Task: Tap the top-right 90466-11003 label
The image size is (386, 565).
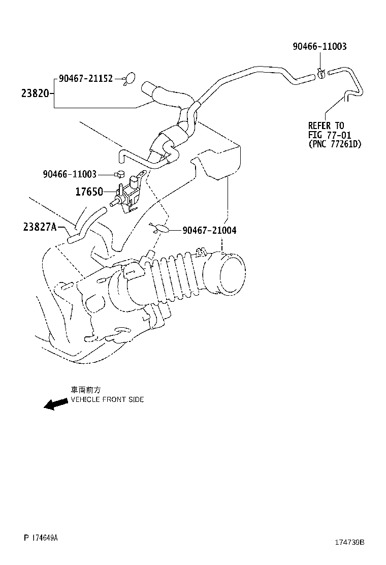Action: point(319,46)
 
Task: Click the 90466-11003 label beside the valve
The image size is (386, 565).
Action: point(70,174)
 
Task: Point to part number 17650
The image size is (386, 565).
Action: point(89,192)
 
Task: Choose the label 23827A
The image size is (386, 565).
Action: point(39,227)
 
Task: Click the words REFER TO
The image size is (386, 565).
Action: point(326,125)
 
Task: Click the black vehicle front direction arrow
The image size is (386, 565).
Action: point(55,404)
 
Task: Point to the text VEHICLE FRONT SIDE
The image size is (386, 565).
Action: point(107,399)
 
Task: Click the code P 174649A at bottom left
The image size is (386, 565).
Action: point(41,538)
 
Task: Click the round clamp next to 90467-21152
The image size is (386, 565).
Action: point(130,78)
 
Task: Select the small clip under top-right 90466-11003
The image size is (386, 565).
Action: point(321,73)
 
